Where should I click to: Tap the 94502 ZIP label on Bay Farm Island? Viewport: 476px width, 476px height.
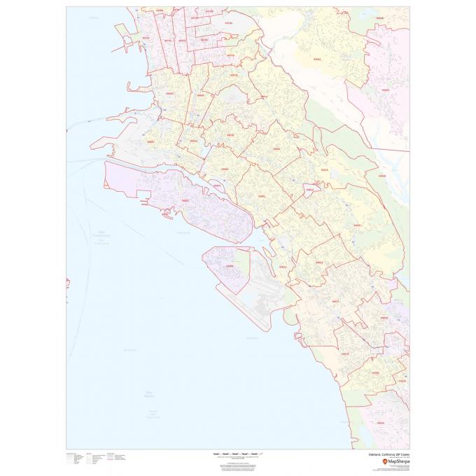click(x=229, y=265)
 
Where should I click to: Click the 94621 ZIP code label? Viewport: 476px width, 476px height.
click(x=283, y=267)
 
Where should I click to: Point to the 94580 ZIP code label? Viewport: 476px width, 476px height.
click(x=376, y=373)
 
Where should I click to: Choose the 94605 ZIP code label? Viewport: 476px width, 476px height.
click(x=357, y=225)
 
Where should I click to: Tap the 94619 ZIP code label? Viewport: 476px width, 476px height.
click(x=323, y=169)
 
